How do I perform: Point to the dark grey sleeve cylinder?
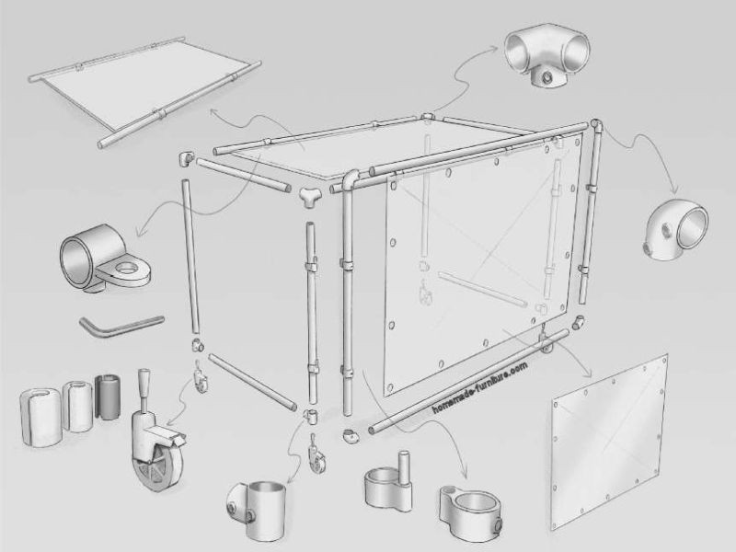(x=109, y=397)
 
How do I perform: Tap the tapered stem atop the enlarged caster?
(x=144, y=386)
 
